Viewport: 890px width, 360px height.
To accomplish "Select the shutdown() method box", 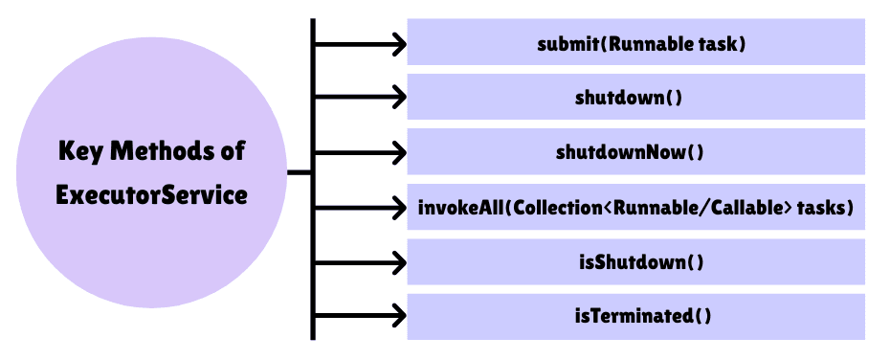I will (635, 98).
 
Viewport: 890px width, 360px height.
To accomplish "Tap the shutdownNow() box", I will (635, 152).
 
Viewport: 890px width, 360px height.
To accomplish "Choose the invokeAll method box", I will (635, 207).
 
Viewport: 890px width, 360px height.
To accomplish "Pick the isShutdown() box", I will (635, 261).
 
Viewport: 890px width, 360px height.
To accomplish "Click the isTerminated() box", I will (635, 316).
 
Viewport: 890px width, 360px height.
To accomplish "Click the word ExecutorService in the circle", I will (151, 195).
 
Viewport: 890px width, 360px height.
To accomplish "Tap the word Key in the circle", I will (81, 151).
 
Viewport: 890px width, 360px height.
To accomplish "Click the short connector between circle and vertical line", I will (300, 173).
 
